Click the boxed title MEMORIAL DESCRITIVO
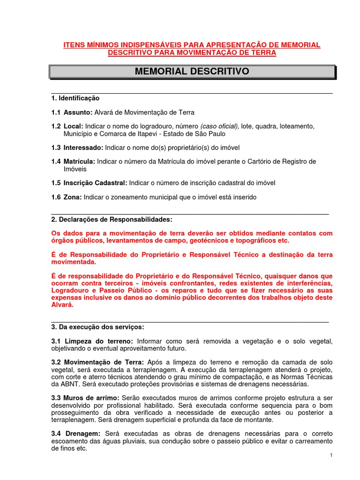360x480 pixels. click(192, 72)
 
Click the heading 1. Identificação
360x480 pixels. click(75, 98)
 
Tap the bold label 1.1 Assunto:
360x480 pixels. click(72, 112)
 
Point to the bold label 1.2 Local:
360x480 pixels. click(67, 127)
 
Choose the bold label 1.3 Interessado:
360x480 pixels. click(77, 148)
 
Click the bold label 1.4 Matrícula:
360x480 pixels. click(73, 162)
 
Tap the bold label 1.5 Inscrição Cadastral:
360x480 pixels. click(89, 183)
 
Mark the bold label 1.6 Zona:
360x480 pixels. click(66, 197)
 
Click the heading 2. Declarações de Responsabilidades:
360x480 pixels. click(112, 219)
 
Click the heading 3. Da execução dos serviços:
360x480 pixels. click(97, 326)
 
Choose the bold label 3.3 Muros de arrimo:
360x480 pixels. click(85, 398)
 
